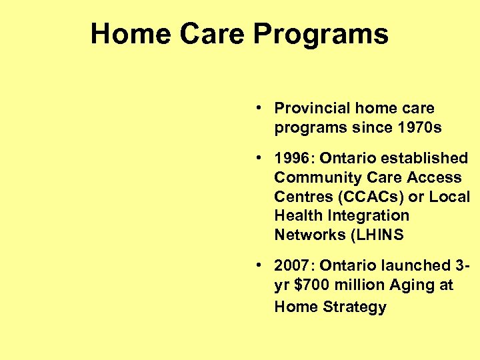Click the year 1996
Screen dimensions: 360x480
click(293, 158)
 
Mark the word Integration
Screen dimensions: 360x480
click(367, 216)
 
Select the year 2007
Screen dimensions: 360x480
click(293, 265)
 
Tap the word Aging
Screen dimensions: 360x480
click(415, 285)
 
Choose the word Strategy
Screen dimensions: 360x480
click(355, 307)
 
